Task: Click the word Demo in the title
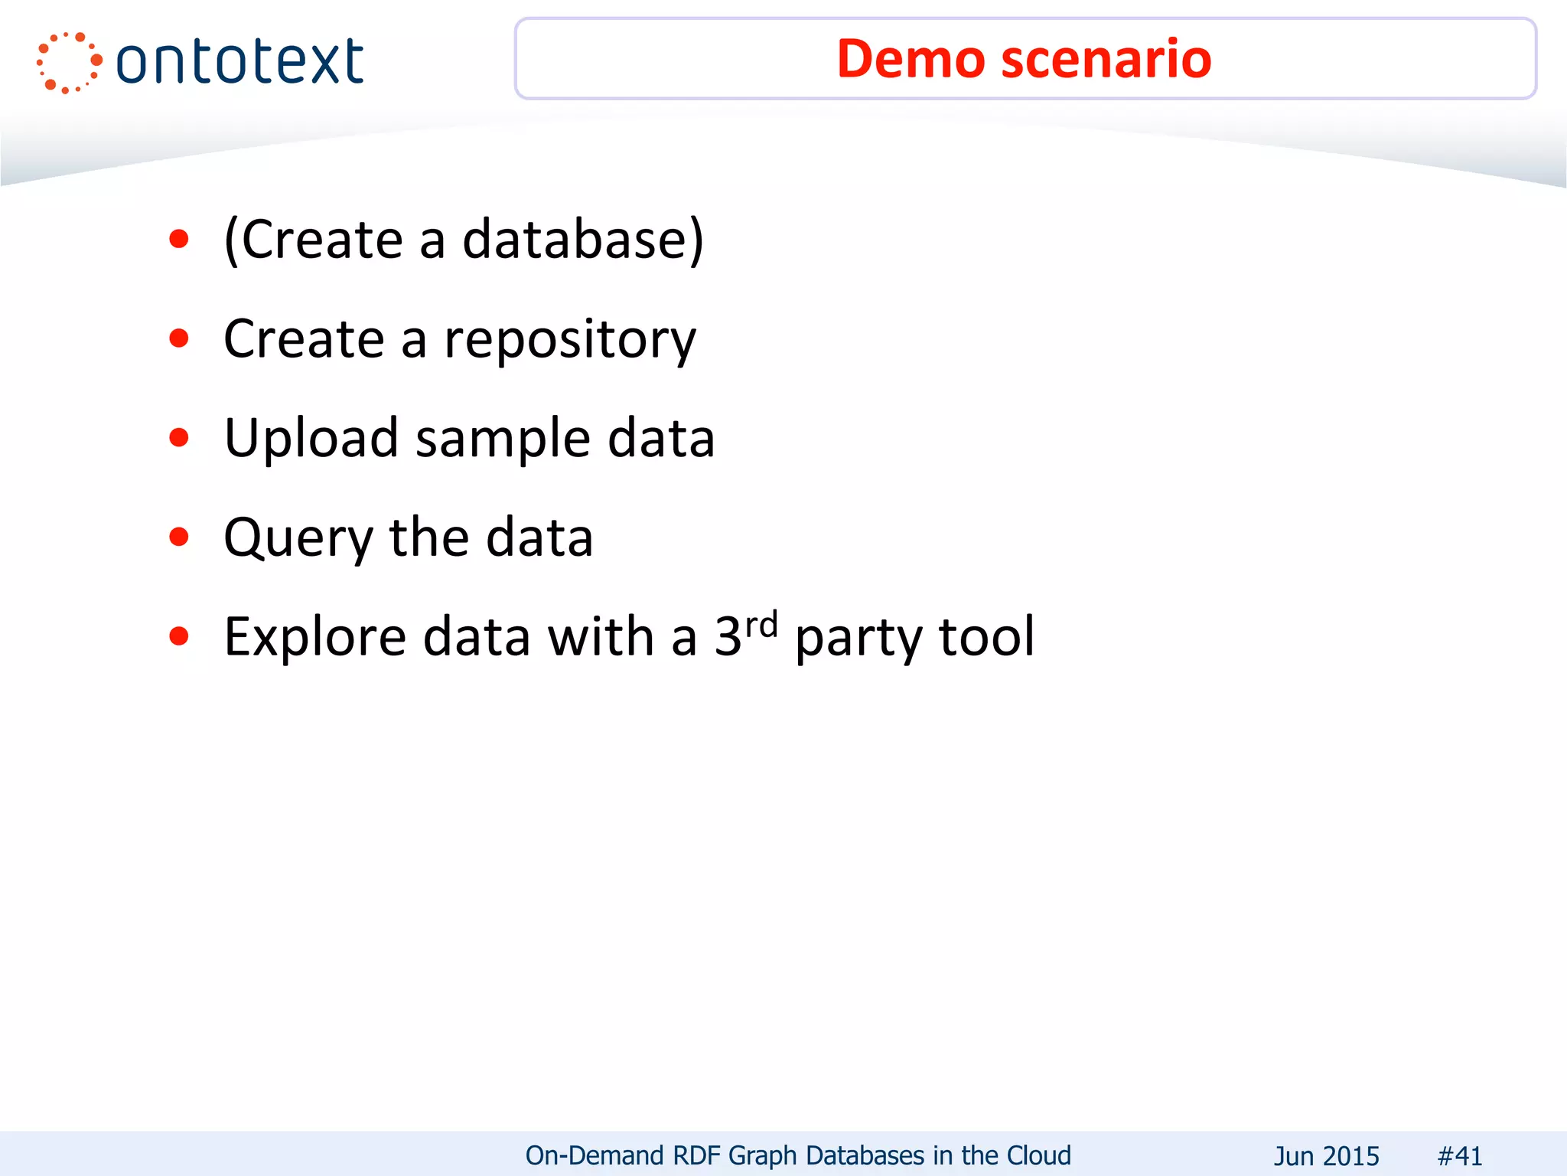point(911,59)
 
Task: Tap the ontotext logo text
point(239,61)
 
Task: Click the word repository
point(570,339)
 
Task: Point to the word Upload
point(311,438)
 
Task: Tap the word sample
point(503,438)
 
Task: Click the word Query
point(298,537)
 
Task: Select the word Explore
point(314,637)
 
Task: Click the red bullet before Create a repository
point(179,338)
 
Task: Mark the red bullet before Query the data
point(179,537)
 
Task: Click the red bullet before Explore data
point(179,635)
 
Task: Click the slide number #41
point(1460,1155)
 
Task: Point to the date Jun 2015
point(1326,1155)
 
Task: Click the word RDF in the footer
point(696,1155)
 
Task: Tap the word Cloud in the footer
point(1038,1155)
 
